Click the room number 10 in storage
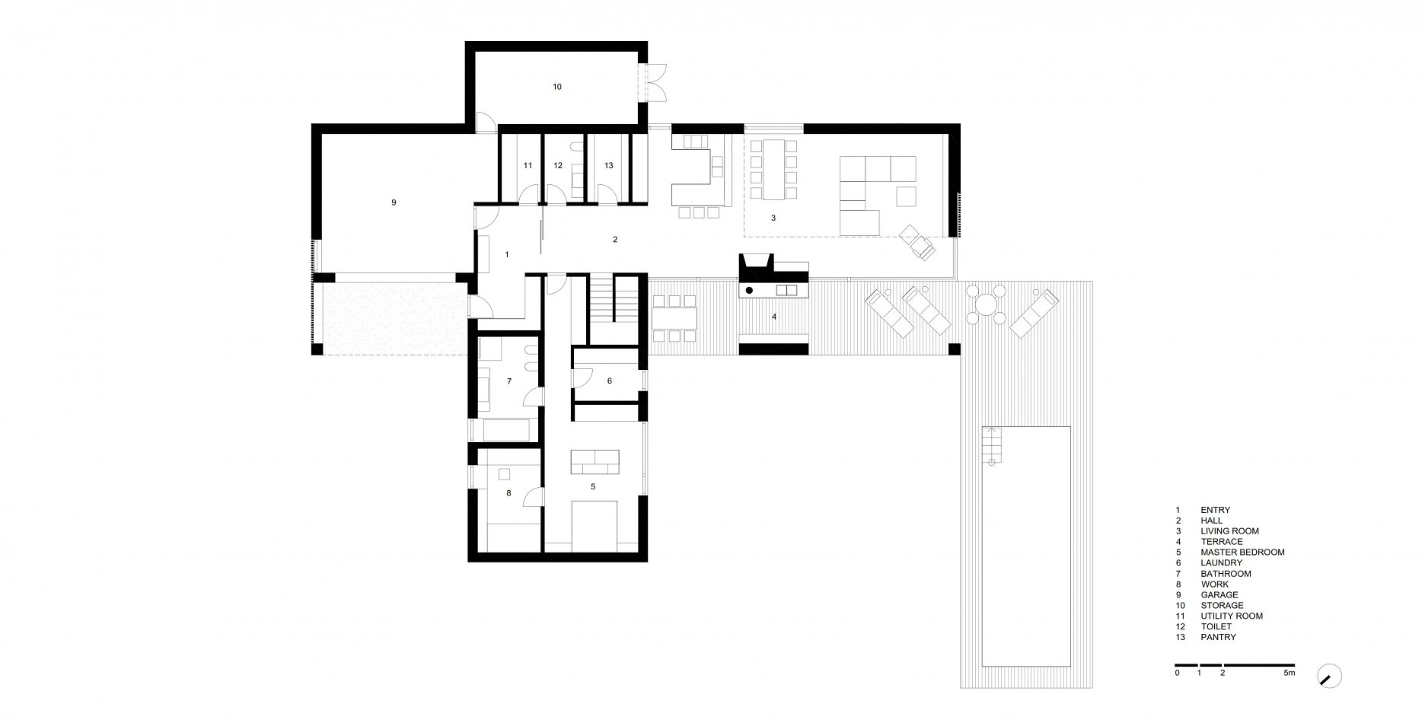(x=557, y=87)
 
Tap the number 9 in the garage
(x=394, y=202)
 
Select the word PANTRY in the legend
(x=1218, y=637)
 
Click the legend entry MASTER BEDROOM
(x=1242, y=553)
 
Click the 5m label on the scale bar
(x=1289, y=673)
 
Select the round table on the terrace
(x=983, y=305)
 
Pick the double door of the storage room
(x=653, y=83)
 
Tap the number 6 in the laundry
(x=610, y=381)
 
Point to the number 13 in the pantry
(x=608, y=165)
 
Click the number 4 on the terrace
(x=774, y=316)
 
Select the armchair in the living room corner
(x=917, y=243)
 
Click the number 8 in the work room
(x=508, y=493)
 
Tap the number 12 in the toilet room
(x=557, y=165)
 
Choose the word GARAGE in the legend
(x=1219, y=594)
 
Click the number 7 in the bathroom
(x=508, y=381)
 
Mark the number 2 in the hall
(x=615, y=240)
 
